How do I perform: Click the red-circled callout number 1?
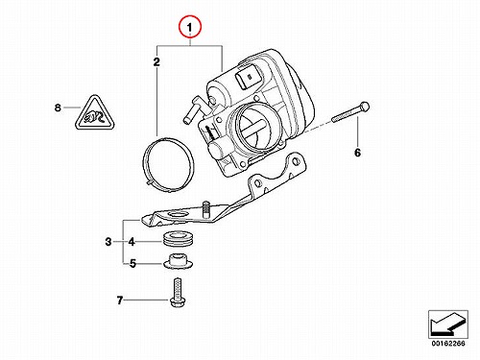coord(190,28)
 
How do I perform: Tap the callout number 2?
coord(156,61)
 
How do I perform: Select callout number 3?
coord(108,242)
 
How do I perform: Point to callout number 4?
coord(132,242)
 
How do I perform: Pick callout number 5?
coord(132,264)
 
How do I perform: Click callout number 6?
coord(357,153)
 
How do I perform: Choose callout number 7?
coord(120,300)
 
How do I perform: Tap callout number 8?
coord(58,108)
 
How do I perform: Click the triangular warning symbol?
coord(95,114)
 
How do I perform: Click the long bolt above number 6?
coord(350,112)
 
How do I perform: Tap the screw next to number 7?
coord(177,293)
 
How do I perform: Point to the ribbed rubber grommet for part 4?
coord(179,238)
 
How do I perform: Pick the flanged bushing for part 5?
coord(179,261)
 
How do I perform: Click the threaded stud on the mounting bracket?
coord(206,209)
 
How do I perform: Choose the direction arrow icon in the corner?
coord(448,324)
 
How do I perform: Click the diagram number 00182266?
coord(448,344)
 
